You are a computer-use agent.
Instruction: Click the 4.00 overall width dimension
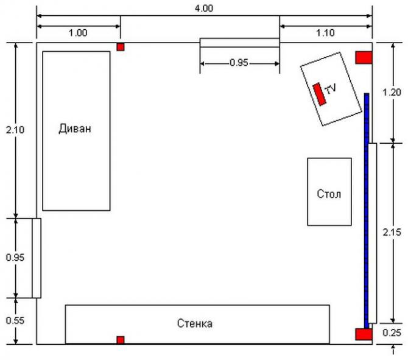pos(204,9)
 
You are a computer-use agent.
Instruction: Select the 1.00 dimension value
pos(78,33)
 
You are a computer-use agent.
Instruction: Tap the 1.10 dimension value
pos(325,33)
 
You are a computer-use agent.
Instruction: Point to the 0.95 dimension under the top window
pos(239,63)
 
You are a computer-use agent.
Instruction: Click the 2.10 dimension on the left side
pos(15,130)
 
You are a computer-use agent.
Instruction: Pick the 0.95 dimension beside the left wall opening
pos(15,258)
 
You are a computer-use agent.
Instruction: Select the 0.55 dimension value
pos(15,320)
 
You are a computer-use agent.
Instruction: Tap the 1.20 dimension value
pos(392,92)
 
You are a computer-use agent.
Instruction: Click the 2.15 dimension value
pos(392,232)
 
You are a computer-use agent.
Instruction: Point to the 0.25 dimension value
pos(392,333)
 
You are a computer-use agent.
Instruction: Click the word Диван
pos(75,129)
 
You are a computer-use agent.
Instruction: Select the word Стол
pos(329,194)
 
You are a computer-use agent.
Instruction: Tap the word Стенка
pos(195,323)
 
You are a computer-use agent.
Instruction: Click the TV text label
pos(331,89)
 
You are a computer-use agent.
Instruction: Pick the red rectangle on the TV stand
pos(320,94)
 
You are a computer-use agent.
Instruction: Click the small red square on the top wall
pos(121,47)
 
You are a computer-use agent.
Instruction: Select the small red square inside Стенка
pos(121,340)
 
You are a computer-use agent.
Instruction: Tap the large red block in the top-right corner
pos(364,57)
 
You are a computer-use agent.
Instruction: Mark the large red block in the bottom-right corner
pos(364,334)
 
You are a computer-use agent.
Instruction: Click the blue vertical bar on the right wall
pos(367,211)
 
